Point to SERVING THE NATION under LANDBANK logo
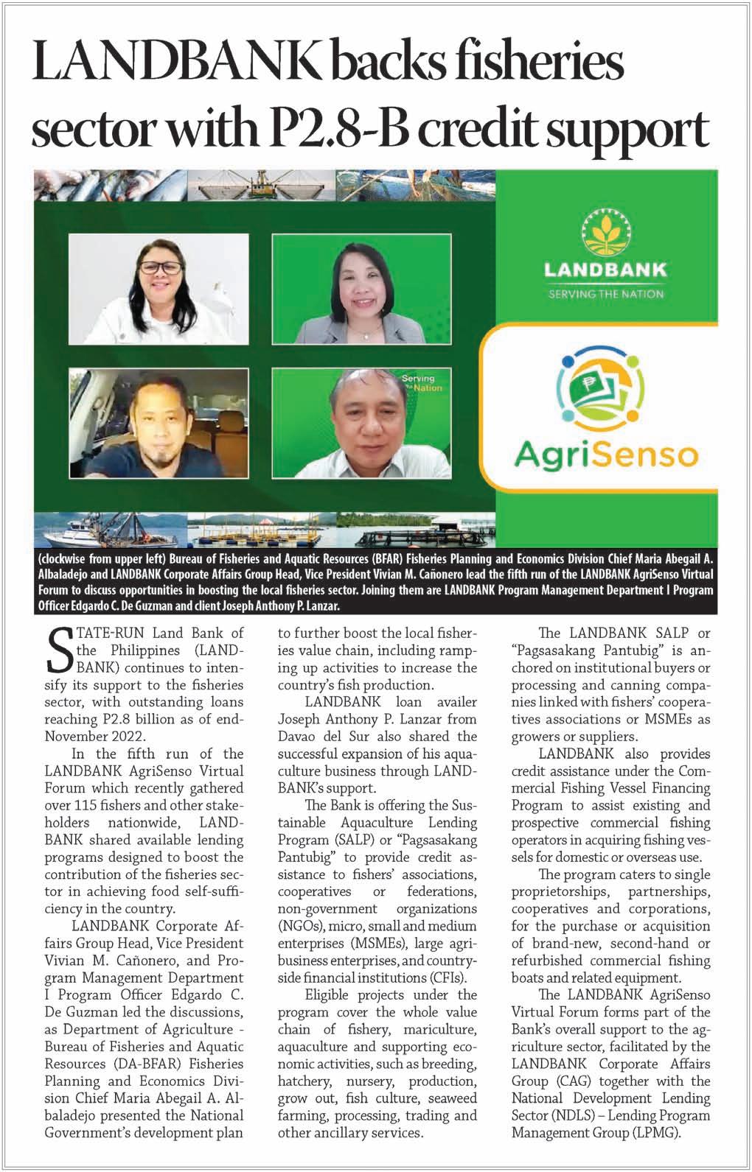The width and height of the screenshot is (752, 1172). tap(605, 294)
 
